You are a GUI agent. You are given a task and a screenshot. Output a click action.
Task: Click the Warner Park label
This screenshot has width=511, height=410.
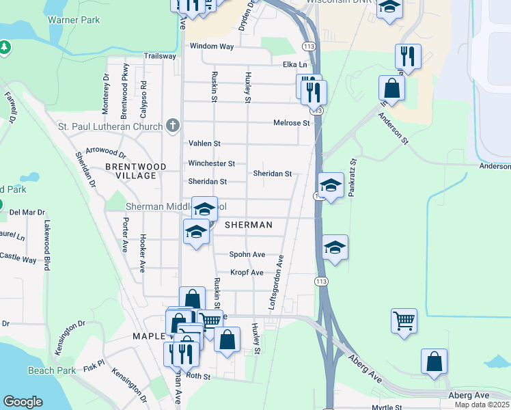pos(74,20)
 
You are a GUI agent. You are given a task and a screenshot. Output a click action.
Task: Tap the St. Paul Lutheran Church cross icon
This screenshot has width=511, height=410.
pos(173,126)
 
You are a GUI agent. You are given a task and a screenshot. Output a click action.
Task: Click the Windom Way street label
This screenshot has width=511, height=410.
pos(212,46)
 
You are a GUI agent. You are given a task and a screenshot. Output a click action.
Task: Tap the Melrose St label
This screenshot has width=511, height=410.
pos(292,123)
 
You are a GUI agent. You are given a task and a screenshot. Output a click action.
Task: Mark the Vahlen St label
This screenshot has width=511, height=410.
pos(204,143)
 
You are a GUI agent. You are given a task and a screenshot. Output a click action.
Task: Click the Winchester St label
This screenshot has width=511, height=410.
pos(212,164)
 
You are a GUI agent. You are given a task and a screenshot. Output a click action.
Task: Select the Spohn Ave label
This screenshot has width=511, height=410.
pos(247,254)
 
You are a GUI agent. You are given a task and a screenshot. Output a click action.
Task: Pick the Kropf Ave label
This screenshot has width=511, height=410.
pos(247,273)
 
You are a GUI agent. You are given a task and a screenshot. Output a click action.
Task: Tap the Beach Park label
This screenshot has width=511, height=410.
pos(52,370)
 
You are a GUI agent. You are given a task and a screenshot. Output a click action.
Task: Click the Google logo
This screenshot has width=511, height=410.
pos(23,402)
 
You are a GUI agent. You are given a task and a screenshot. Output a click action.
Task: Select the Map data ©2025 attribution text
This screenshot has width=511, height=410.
pos(482,405)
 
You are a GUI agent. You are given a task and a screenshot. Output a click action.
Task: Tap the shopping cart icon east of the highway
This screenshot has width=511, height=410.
pos(404,320)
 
